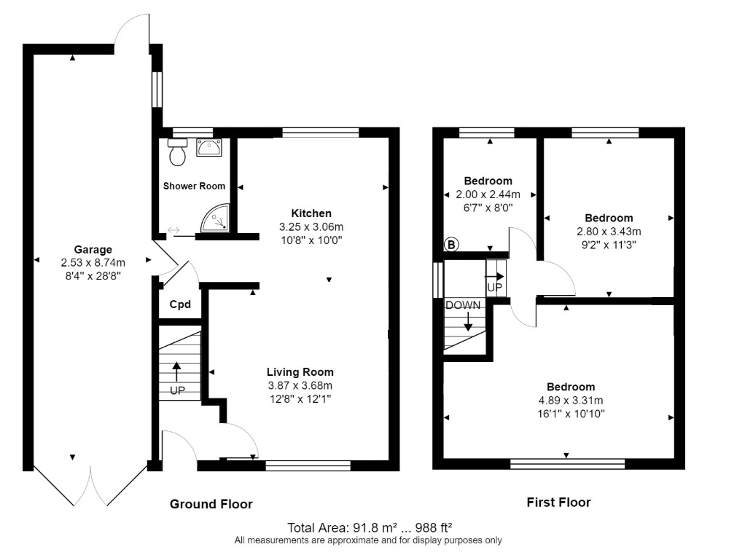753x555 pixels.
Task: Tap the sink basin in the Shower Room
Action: point(208,149)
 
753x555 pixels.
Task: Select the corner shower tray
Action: point(216,219)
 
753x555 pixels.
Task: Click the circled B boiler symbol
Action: point(451,245)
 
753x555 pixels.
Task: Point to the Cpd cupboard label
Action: point(180,304)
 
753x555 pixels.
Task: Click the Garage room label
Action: point(93,249)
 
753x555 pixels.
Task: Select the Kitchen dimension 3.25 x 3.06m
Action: point(311,227)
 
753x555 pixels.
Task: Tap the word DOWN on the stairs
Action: point(464,305)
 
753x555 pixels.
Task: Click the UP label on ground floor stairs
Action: point(176,390)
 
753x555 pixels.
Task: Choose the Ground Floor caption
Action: point(211,504)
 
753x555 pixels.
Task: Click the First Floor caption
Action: point(558,503)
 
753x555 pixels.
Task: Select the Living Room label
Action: point(300,371)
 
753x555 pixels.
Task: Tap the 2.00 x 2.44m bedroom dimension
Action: point(488,194)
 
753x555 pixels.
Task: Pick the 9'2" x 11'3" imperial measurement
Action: point(608,245)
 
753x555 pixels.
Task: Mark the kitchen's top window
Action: point(321,133)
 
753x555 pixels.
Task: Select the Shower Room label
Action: point(194,186)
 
